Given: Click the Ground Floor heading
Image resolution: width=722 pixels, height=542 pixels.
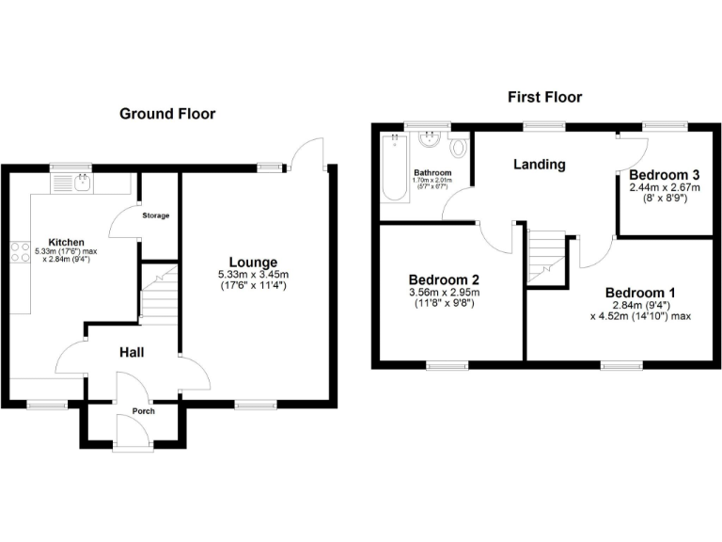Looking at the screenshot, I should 167,114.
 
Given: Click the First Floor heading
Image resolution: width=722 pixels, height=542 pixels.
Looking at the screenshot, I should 544,97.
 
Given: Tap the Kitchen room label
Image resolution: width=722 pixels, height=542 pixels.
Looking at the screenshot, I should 72,242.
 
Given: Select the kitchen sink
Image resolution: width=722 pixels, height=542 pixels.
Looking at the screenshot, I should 72,182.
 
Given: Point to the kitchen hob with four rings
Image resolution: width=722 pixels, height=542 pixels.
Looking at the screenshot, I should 19,251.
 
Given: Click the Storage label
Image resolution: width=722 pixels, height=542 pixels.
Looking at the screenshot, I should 156,216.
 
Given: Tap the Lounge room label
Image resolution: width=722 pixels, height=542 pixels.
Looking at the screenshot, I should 252,262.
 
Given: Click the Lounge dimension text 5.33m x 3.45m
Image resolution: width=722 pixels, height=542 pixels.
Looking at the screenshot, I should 252,275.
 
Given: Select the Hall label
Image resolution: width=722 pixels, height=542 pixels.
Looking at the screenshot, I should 131,352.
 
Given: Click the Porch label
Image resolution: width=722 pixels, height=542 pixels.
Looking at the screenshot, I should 143,411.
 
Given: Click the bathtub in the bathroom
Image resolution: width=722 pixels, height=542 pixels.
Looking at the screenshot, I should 392,169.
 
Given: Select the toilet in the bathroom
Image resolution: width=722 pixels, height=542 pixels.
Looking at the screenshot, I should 458,149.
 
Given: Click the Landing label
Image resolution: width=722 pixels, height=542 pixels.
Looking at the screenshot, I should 539,164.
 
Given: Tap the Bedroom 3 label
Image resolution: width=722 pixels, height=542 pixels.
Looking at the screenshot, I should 665,175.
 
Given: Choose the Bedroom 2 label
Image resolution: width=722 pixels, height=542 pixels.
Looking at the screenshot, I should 444,279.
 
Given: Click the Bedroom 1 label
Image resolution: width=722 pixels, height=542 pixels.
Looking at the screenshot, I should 639,292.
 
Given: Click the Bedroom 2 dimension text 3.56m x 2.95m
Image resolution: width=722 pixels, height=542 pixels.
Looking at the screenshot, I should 444,293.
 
